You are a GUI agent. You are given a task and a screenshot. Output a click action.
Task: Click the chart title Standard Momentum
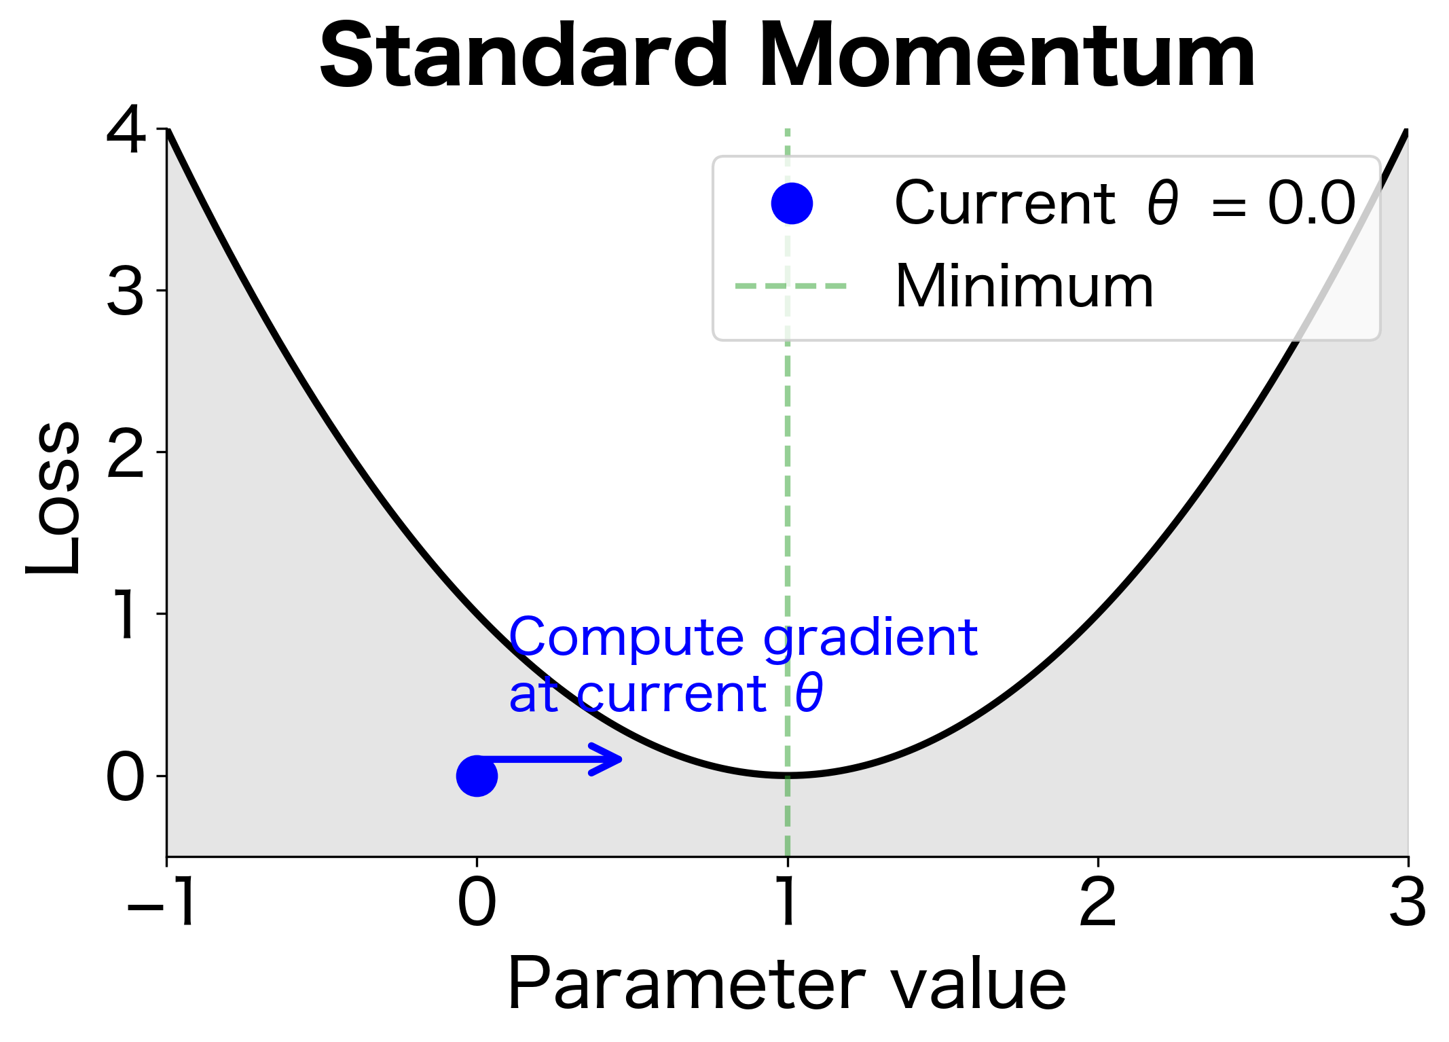point(787,56)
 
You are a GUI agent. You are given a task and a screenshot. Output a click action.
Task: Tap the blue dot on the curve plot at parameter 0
point(477,776)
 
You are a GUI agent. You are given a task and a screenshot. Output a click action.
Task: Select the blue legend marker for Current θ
point(792,203)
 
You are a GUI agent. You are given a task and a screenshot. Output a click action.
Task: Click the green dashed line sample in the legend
point(791,286)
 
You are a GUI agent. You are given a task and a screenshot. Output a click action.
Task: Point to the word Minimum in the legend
point(1024,287)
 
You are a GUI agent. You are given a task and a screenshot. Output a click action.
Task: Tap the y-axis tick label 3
point(126,292)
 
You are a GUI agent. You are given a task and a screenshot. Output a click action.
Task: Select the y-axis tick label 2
point(126,454)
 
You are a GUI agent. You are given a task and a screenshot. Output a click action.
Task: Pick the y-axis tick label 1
point(126,615)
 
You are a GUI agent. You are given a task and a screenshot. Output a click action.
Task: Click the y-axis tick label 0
point(126,778)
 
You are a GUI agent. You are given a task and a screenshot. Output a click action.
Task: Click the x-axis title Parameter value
point(787,985)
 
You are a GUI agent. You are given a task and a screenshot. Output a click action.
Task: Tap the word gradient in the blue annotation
point(870,639)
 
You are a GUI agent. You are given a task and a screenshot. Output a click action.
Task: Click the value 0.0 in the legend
point(1311,203)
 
